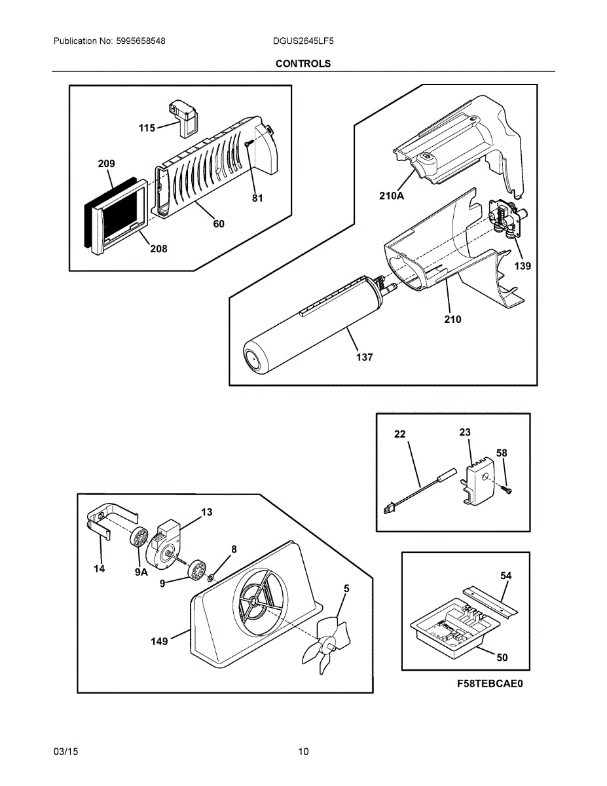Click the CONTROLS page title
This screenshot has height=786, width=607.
pos(303,64)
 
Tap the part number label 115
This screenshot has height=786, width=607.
pos(147,128)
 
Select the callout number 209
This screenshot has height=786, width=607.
pos(106,164)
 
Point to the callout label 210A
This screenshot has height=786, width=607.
pos(392,195)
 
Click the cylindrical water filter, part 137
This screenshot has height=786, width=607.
pos(308,327)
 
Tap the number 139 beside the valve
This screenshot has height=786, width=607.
pos(522,266)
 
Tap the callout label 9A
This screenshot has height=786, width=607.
pos(142,572)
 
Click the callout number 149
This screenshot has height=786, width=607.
pos(160,641)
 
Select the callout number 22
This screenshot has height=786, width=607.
pos(400,434)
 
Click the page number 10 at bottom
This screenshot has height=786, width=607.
pos(303,751)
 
